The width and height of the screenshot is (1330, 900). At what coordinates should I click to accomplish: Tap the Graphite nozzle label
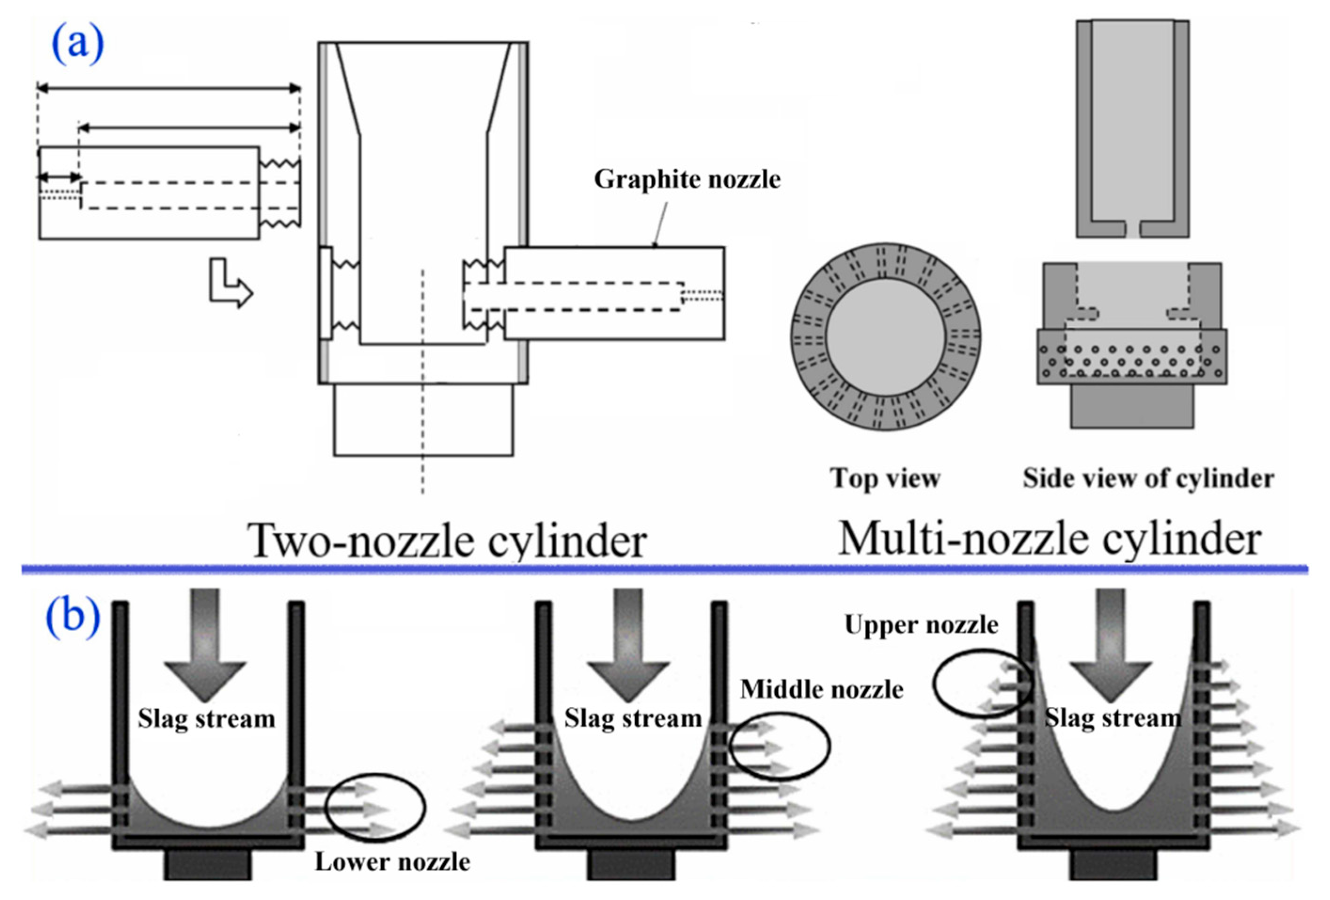[x=687, y=180]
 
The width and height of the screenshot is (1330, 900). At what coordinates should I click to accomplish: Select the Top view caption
[x=885, y=478]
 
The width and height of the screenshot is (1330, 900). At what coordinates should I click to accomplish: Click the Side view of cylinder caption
[x=1148, y=478]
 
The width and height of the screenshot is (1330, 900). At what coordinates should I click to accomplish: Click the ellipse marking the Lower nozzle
[x=376, y=807]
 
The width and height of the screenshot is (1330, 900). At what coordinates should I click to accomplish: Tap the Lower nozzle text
[x=392, y=861]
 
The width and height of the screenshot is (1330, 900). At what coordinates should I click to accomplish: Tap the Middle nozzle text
[x=821, y=689]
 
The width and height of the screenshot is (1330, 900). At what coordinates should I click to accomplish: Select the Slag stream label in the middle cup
[x=633, y=718]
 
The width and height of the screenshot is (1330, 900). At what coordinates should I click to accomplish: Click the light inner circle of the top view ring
[x=885, y=337]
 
